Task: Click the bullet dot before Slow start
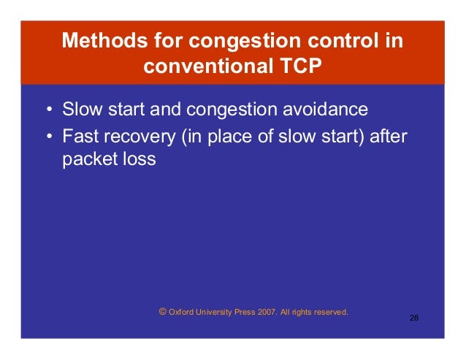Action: pyautogui.click(x=48, y=112)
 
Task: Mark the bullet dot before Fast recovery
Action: pyautogui.click(x=48, y=136)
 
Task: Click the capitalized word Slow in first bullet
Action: pyautogui.click(x=80, y=110)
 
